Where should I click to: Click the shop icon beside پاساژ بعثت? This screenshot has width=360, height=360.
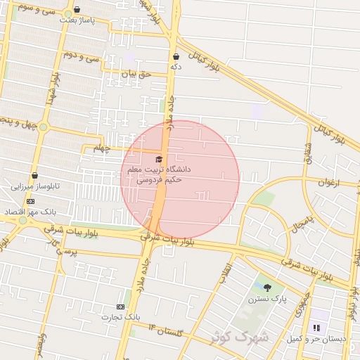click(77, 11)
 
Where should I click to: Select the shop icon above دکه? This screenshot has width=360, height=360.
click(176, 57)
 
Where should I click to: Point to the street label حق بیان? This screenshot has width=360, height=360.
click(136, 73)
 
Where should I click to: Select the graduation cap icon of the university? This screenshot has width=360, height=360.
click(158, 159)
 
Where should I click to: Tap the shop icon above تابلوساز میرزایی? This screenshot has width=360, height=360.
click(34, 176)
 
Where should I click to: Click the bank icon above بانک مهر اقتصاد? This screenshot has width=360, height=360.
click(30, 201)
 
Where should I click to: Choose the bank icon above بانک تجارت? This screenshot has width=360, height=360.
click(120, 307)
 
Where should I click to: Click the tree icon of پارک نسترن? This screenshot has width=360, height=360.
click(267, 287)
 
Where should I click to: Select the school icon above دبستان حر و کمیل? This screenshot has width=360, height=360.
click(316, 328)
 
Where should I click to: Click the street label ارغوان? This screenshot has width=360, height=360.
click(328, 183)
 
